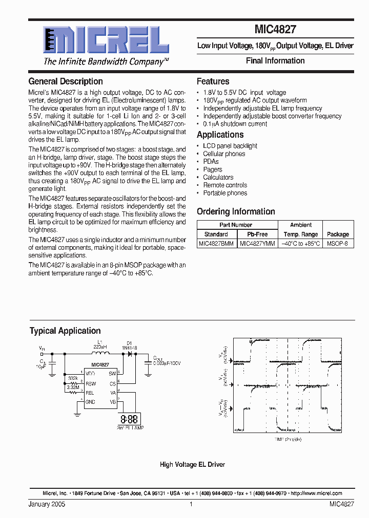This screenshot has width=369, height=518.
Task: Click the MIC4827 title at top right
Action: (x=275, y=31)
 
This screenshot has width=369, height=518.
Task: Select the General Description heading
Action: (x=66, y=81)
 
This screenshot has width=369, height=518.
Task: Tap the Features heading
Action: (x=213, y=81)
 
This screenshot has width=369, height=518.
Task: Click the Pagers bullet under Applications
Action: (x=213, y=169)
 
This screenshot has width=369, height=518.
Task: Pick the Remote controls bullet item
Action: (x=225, y=185)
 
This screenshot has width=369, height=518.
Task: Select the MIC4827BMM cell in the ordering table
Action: (x=216, y=244)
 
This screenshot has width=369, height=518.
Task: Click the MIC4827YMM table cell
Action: (x=257, y=244)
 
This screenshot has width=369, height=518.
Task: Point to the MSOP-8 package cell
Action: (x=338, y=244)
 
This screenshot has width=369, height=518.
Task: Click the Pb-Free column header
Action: (x=257, y=234)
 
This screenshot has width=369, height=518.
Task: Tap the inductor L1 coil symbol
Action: (x=100, y=353)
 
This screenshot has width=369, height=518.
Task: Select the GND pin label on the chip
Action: (x=90, y=402)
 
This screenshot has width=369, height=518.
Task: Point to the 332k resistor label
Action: (x=73, y=379)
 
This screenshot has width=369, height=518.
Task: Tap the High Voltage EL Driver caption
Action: (x=192, y=465)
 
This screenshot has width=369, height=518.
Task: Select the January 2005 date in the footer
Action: (x=47, y=504)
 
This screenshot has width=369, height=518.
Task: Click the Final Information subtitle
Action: (x=275, y=61)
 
